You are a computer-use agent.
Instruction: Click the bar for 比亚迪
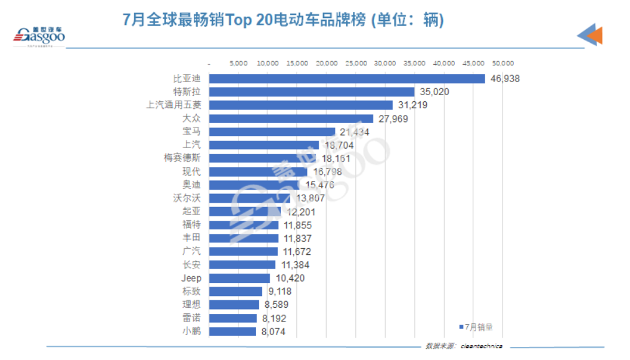pyautogui.click(x=347, y=79)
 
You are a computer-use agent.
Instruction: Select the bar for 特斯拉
pyautogui.click(x=311, y=92)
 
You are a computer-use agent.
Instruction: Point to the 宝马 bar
pyautogui.click(x=272, y=132)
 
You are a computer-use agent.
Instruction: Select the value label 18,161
pyautogui.click(x=336, y=159)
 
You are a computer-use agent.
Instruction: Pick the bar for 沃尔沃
pyautogui.click(x=249, y=198)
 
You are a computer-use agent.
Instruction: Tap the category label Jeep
pyautogui.click(x=191, y=278)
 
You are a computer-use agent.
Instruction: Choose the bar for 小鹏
pyautogui.click(x=232, y=331)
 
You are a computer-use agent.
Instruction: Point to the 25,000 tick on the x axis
pyautogui.click(x=356, y=63)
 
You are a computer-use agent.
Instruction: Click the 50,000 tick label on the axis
pyautogui.click(x=503, y=63)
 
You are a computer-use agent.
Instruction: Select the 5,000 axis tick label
pyautogui.click(x=239, y=63)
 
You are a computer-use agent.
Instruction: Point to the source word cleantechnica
pyautogui.click(x=482, y=346)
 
